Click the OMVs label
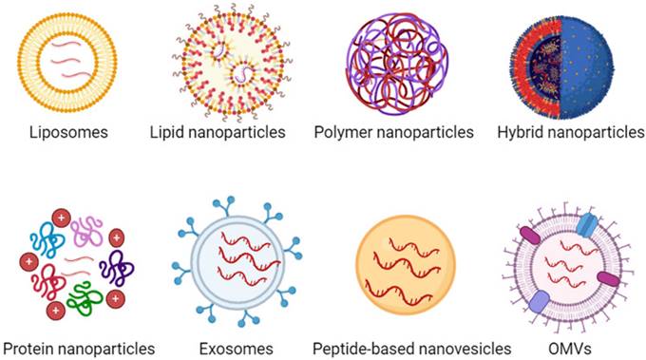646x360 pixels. point(570,349)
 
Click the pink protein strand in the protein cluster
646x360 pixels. point(86,229)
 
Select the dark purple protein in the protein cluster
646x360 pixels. point(116,268)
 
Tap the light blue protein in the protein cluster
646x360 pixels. point(47,237)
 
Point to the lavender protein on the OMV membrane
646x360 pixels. point(539,302)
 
